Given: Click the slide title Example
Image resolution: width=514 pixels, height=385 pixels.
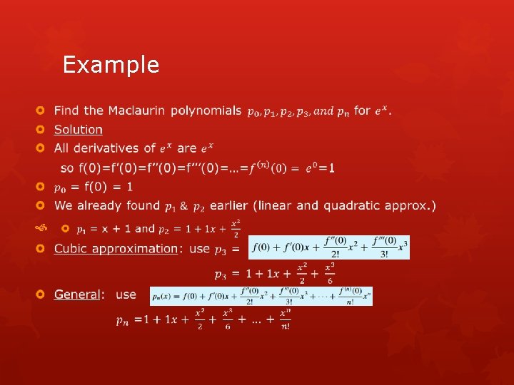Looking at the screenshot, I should (x=111, y=65).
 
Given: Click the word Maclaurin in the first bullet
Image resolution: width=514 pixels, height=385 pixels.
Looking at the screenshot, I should (x=137, y=111).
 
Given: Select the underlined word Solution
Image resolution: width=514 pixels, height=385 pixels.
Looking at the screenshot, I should (x=79, y=130).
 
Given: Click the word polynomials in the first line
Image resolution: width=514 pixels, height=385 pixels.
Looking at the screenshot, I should (x=206, y=111).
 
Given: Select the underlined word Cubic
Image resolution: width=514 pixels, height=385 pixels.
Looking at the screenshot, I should (x=73, y=248).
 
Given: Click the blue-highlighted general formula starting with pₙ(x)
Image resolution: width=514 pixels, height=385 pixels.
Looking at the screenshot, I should (x=261, y=295).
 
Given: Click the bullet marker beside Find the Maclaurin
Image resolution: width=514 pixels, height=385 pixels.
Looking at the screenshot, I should (x=41, y=111).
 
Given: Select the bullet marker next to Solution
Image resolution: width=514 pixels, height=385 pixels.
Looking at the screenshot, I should (x=41, y=130).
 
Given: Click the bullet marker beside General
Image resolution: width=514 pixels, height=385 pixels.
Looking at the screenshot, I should (x=41, y=294).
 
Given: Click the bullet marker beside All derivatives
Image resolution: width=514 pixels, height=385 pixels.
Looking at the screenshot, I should (x=41, y=148).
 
